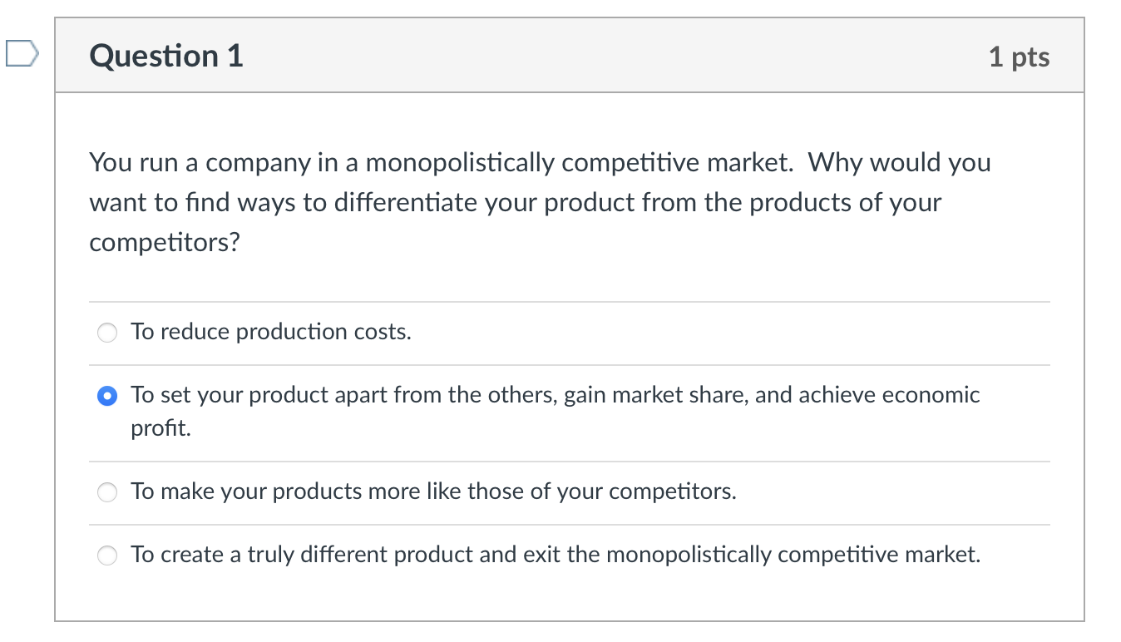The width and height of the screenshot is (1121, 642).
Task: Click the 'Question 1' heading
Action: [166, 56]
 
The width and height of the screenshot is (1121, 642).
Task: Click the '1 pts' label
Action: [1019, 57]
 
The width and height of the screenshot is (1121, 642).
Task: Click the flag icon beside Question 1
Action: [20, 56]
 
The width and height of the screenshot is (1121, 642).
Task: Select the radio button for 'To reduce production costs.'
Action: [107, 333]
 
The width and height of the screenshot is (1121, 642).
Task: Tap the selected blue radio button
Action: [107, 397]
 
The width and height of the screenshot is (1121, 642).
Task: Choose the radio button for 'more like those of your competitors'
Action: [107, 492]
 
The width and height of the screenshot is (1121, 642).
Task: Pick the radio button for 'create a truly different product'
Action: [107, 556]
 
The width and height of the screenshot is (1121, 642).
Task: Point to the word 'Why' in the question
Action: [834, 162]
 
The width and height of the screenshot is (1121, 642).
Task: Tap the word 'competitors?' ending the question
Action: [164, 242]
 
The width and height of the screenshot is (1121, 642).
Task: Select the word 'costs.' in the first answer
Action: [383, 332]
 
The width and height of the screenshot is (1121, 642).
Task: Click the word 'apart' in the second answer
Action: [361, 395]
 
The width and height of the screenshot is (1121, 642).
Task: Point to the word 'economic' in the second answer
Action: [931, 395]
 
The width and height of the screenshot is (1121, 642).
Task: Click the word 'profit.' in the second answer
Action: [160, 429]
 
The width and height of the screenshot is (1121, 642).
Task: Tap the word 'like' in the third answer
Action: [444, 491]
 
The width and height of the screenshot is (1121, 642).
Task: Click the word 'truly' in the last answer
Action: [269, 555]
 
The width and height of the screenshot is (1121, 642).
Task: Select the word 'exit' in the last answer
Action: [541, 555]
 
